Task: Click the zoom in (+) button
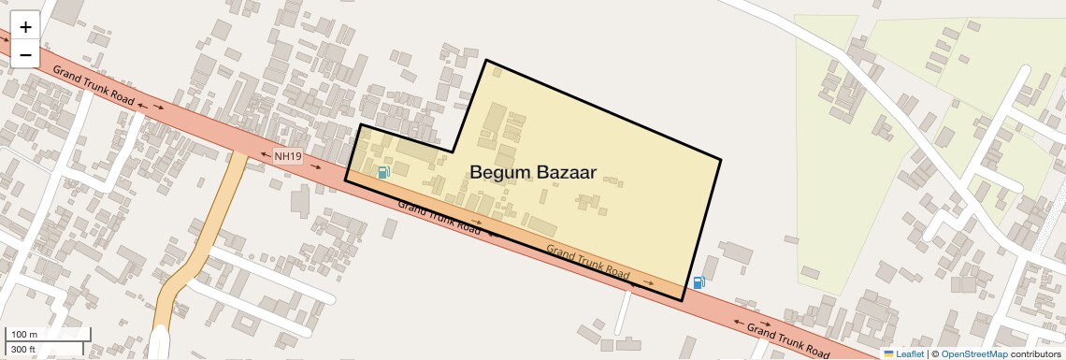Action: click(25, 27)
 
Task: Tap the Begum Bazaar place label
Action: click(532, 172)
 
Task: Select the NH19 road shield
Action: click(287, 157)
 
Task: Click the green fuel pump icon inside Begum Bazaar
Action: click(383, 172)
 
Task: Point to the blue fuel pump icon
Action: click(699, 282)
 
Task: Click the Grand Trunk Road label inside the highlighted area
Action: click(587, 260)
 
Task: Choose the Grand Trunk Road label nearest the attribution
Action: click(787, 339)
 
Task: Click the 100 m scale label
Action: click(24, 335)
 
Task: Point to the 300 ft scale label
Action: click(23, 350)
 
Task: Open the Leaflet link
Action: click(910, 353)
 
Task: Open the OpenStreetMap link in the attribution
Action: click(973, 353)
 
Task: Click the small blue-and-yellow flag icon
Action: click(888, 353)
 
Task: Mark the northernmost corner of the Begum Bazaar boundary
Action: click(485, 61)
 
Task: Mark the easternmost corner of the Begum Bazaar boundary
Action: click(720, 160)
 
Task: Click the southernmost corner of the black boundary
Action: click(682, 300)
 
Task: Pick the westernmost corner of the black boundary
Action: click(346, 180)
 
